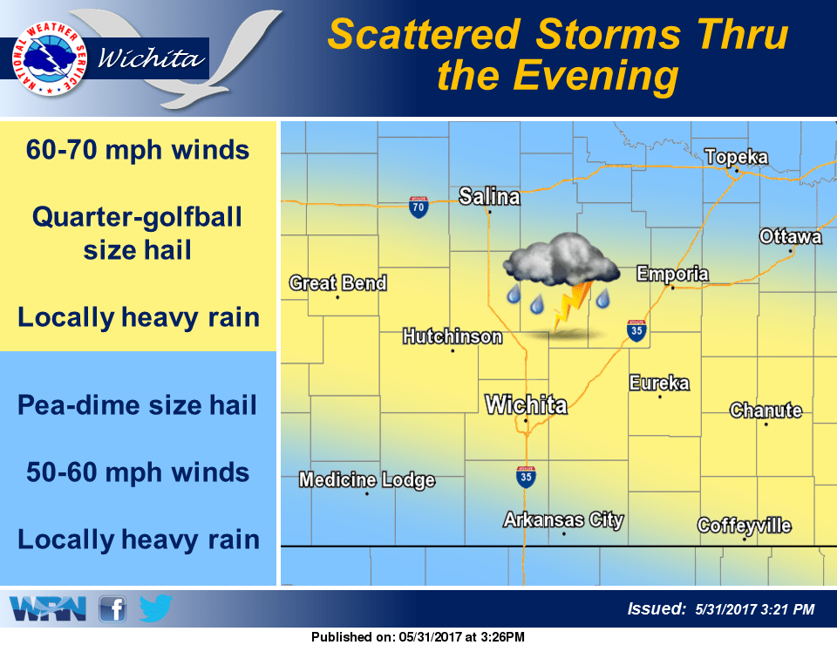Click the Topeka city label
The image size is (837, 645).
[x=736, y=157]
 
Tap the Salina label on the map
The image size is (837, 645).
[x=489, y=196]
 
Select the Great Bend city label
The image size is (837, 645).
[x=337, y=283]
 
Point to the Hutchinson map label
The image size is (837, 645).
[x=452, y=336]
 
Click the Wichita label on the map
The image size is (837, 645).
[x=526, y=405]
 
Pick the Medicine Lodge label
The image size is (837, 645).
[x=366, y=480]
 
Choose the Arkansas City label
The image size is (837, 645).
[x=563, y=520]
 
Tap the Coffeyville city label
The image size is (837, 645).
[x=744, y=526]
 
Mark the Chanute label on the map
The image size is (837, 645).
[x=766, y=410]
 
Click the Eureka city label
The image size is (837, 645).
[x=659, y=383]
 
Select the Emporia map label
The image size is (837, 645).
[x=672, y=274]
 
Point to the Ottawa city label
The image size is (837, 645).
[x=790, y=237]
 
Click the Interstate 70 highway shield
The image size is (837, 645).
[x=418, y=207]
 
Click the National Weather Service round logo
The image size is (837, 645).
[x=49, y=58]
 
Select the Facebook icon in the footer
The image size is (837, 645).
[x=113, y=608]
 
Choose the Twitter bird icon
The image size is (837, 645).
[x=155, y=608]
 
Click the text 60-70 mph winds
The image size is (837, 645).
[x=138, y=150]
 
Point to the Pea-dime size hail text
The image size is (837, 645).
[x=138, y=405]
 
